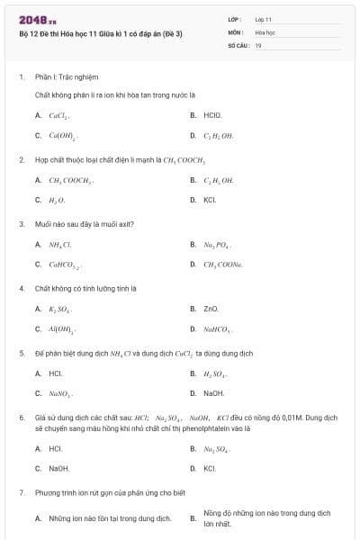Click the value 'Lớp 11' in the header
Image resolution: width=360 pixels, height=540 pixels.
(x=264, y=18)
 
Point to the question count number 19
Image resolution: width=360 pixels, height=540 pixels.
(x=258, y=44)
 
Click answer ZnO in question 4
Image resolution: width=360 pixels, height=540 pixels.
(x=211, y=309)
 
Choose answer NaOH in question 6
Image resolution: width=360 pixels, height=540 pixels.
(x=58, y=468)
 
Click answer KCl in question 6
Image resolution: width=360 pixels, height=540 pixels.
(x=210, y=468)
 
